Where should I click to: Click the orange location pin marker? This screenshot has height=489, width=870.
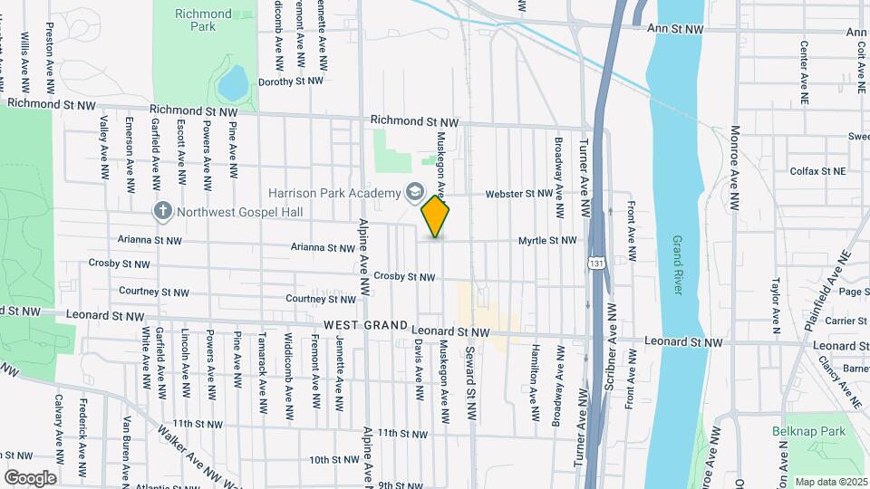436,217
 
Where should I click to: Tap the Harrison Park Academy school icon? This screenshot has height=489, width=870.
415,192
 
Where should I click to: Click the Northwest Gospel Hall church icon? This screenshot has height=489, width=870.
163,211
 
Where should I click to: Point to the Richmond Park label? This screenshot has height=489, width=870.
203,20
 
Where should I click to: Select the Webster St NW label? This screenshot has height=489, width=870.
518,194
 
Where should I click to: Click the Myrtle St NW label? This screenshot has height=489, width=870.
547,240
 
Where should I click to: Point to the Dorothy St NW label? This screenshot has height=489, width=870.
291,81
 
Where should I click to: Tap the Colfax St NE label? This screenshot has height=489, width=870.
817,170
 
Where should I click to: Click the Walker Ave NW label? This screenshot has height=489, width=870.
187,444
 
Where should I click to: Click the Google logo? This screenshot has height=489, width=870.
30,478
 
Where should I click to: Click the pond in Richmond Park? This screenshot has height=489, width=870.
232,83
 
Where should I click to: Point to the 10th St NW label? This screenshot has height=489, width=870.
336,460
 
